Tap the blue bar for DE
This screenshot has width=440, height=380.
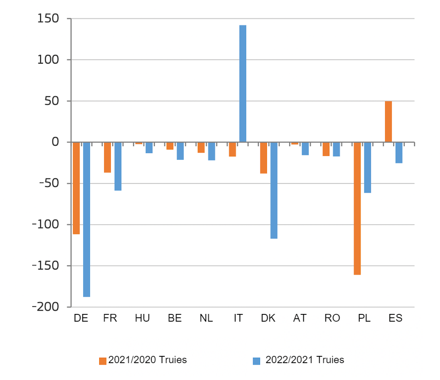[x=87, y=219]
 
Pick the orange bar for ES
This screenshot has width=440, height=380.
[x=388, y=122]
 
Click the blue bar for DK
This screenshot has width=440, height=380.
[x=274, y=190]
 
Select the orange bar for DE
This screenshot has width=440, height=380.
[x=76, y=188]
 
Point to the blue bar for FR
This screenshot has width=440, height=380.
[x=118, y=166]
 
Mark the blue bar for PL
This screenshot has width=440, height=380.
[x=368, y=167]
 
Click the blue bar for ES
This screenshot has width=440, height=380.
[x=399, y=153]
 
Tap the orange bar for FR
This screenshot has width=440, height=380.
[x=107, y=157]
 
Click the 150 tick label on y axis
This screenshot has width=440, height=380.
[x=48, y=19]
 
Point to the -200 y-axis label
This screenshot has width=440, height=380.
[x=45, y=307]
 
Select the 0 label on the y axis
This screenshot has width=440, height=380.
[x=55, y=142]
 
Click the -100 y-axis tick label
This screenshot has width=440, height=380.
[x=45, y=225]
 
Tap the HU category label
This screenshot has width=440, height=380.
[x=142, y=318]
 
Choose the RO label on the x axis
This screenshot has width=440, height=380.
[x=332, y=318]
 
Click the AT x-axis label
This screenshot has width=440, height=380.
[x=300, y=318]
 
